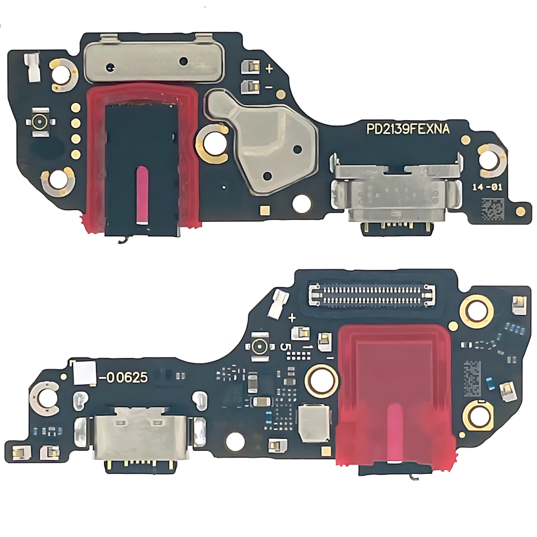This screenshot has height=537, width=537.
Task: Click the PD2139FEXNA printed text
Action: click(x=408, y=129)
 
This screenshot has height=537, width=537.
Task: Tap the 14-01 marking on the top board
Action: click(x=487, y=187)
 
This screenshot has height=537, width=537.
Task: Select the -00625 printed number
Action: click(x=124, y=378)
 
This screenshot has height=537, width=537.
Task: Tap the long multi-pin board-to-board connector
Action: click(x=372, y=294)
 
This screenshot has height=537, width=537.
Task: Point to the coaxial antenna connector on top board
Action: click(x=40, y=122)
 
